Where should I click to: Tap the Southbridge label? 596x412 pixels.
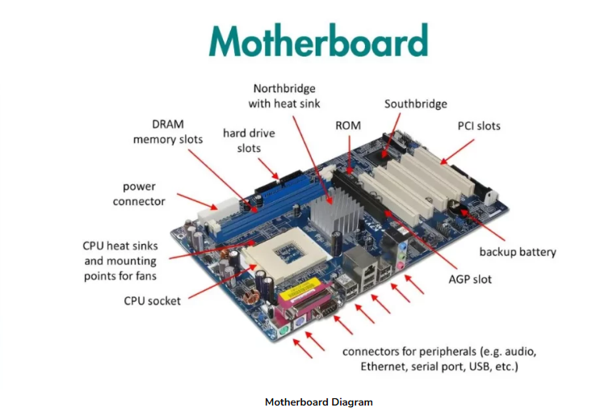[x=415, y=104]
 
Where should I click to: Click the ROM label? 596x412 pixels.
[x=347, y=126]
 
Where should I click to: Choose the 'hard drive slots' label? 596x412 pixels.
[x=248, y=140]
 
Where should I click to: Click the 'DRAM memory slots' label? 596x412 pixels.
[x=168, y=132]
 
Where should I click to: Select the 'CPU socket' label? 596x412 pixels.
[x=152, y=301]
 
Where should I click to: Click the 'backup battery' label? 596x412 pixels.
[x=518, y=252]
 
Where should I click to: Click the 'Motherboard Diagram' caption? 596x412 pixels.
[x=318, y=401]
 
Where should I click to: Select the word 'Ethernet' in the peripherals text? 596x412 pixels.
[x=384, y=367]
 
